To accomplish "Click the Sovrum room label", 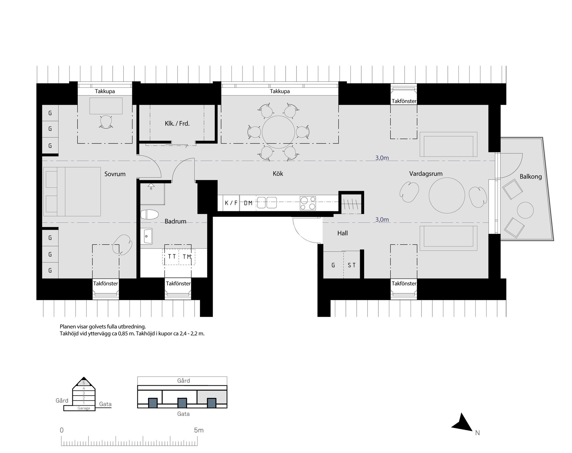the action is coord(115,174).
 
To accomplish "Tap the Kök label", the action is coord(278,173).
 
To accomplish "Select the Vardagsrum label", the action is coord(426,174).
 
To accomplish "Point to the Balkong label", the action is coord(531,176).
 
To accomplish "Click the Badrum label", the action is coord(175,221).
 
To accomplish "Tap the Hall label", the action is coord(343,233).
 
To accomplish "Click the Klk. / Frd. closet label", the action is coord(177,123).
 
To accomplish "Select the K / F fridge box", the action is coord(231,203).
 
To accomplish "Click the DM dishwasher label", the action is coord(248,203).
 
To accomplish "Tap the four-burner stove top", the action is coord(308,203).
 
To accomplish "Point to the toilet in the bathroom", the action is coord(150,215).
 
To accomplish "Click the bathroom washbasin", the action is coord(146,236).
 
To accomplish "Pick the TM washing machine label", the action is coord(187,257).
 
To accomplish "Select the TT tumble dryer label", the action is coord(172,257).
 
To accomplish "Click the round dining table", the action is coord(278,132).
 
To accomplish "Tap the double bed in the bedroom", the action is coord(72,191).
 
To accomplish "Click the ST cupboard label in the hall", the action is coord(352,265).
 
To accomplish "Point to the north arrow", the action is coord(462,422).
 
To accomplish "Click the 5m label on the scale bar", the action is coord(199,430).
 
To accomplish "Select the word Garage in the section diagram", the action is coord(84,408).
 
